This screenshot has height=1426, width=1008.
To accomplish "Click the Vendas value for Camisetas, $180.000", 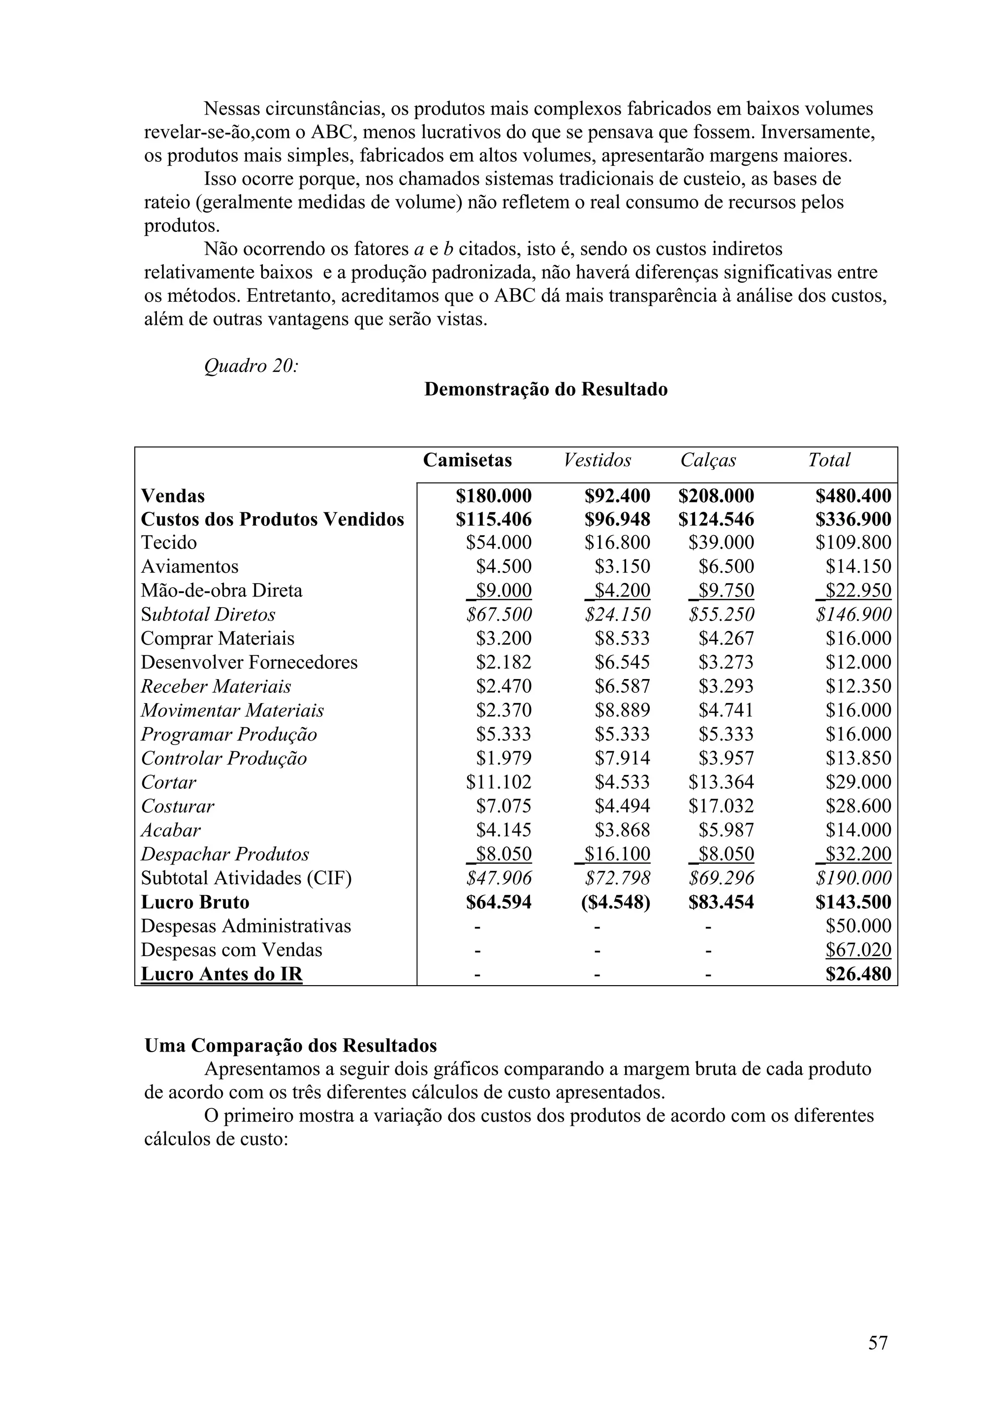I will point(494,496).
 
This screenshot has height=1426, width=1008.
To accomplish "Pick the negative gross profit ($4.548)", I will point(616,902).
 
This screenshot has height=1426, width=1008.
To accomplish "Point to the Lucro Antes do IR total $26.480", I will point(858,974).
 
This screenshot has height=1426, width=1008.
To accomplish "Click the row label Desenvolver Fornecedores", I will point(249,662).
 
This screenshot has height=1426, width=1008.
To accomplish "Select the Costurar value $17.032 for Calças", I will point(721,806).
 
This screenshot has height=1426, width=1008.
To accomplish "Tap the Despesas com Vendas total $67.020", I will point(858,950).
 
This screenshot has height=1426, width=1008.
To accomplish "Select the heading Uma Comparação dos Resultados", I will point(291,1046).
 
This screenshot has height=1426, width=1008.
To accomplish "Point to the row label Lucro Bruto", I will point(195,902).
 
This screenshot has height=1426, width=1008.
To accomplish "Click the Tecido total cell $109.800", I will point(853,542).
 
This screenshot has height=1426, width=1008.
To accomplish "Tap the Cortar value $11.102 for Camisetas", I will point(499,782).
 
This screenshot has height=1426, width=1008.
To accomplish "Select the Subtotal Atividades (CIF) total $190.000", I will point(853,878).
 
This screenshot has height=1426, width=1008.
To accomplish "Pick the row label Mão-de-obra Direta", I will point(221,590).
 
